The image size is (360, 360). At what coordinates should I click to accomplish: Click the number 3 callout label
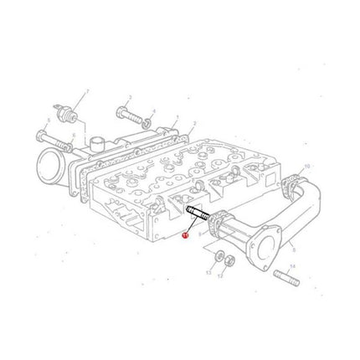click(x=130, y=97)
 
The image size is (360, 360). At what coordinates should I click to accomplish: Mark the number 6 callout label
click(x=73, y=136)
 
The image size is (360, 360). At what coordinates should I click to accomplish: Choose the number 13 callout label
click(x=208, y=272)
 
